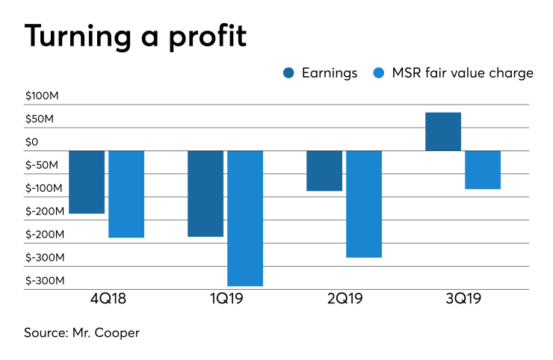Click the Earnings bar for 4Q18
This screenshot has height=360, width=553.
[x=87, y=182]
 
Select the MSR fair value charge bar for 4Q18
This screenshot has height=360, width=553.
[x=126, y=194]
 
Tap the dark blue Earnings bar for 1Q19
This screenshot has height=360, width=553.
[x=206, y=193]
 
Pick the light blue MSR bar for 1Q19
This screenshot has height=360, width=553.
[x=245, y=218]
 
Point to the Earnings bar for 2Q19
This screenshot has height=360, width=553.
[x=324, y=171]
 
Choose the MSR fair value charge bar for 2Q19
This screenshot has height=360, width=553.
[x=364, y=204]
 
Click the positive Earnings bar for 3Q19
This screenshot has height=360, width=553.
[x=443, y=131]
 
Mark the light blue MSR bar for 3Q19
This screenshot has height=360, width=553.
[x=483, y=170]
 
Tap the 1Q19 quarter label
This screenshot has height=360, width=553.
[x=225, y=300]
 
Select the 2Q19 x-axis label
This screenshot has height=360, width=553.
[x=344, y=300]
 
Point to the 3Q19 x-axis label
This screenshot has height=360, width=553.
[x=463, y=300]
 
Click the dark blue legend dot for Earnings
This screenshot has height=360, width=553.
[x=288, y=72]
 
